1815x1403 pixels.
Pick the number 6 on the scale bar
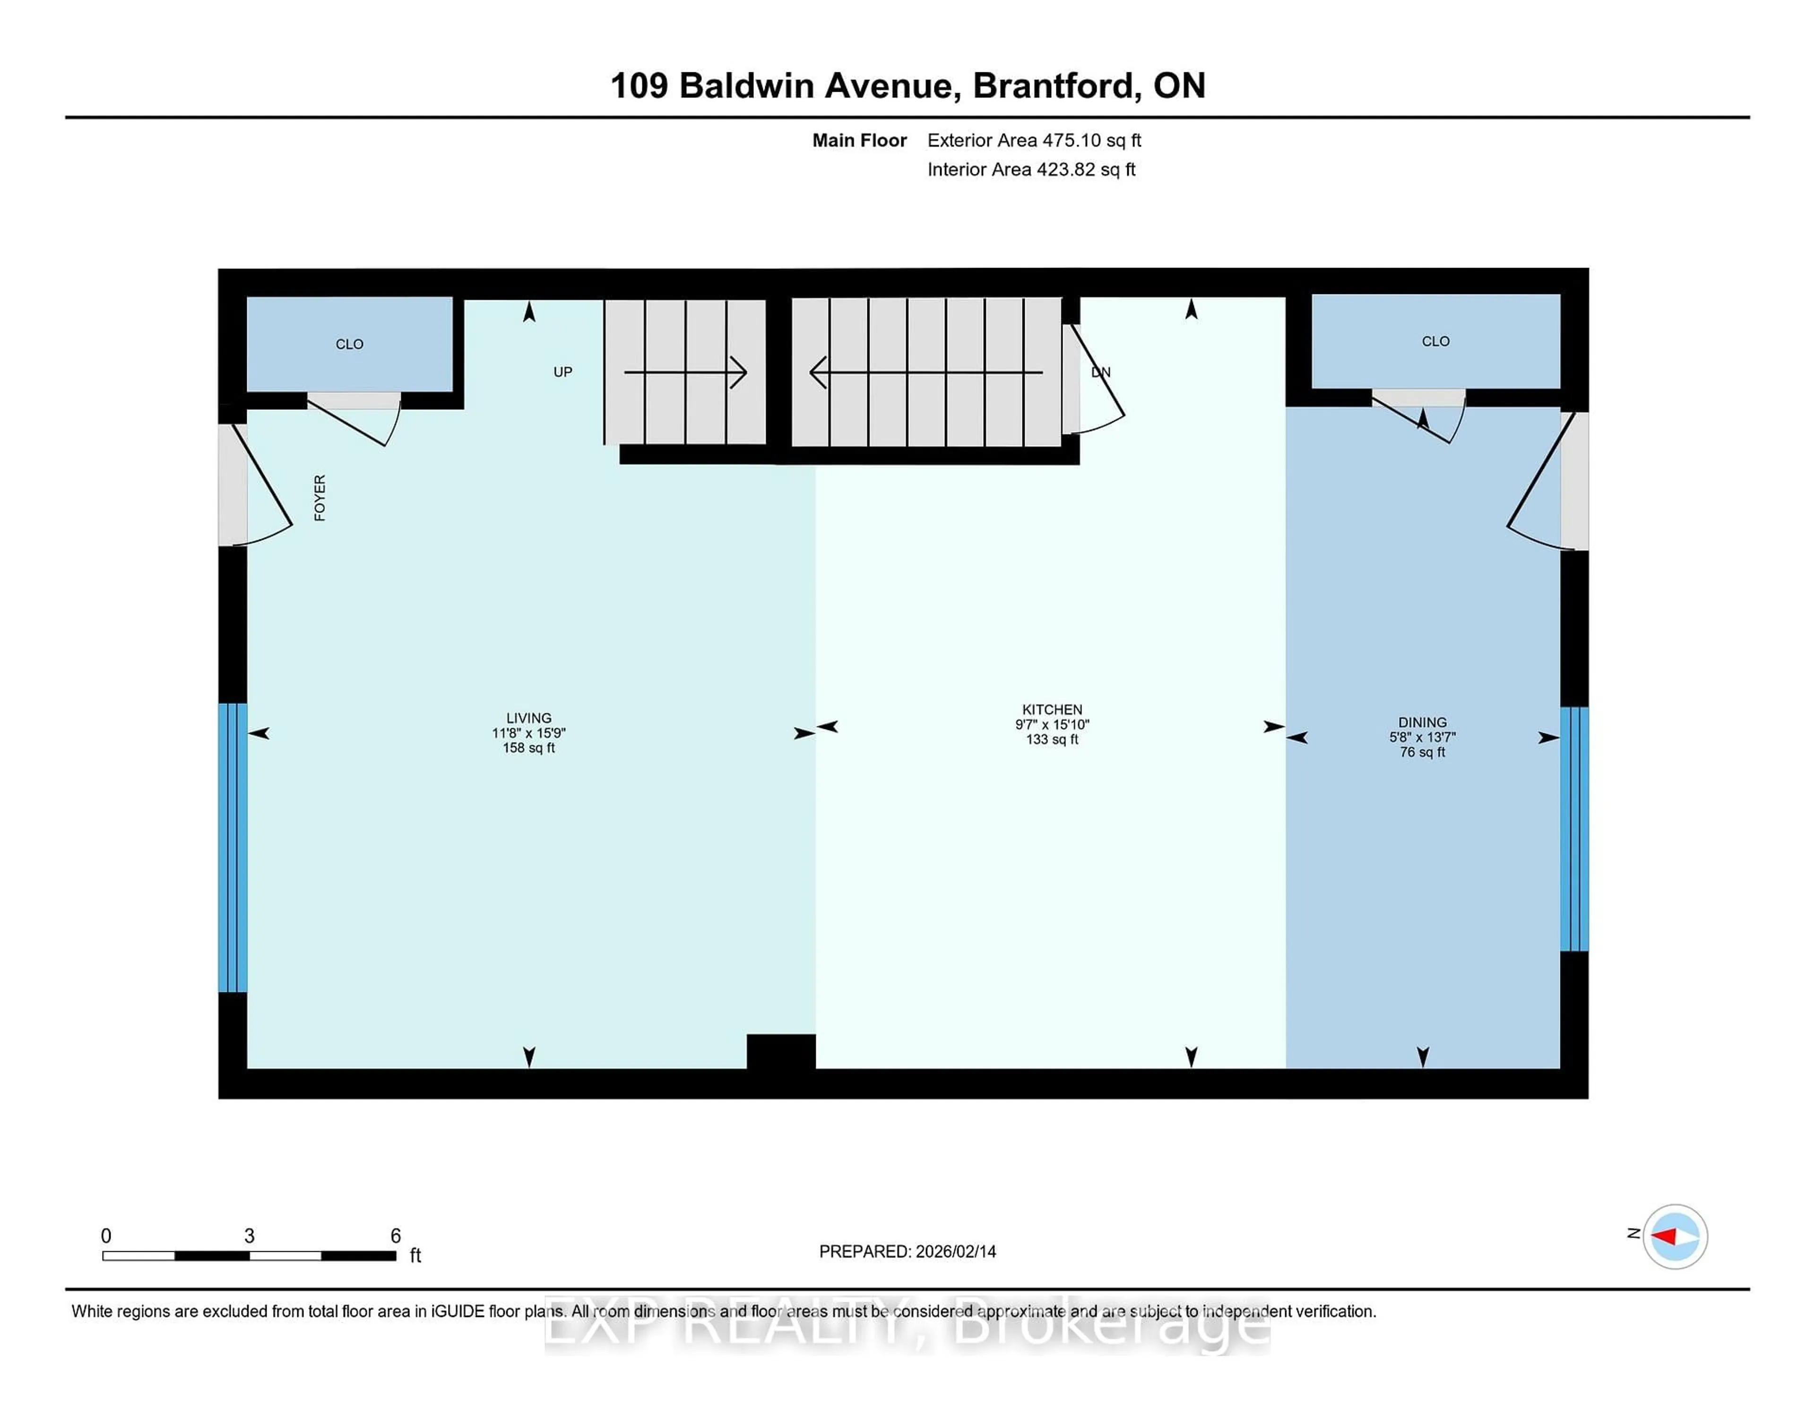396,1236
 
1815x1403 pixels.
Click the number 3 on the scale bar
249,1236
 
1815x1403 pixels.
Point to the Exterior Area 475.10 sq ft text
1034,140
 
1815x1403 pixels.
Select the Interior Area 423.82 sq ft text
1030,170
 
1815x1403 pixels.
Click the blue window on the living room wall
233,848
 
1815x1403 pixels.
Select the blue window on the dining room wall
1574,829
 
